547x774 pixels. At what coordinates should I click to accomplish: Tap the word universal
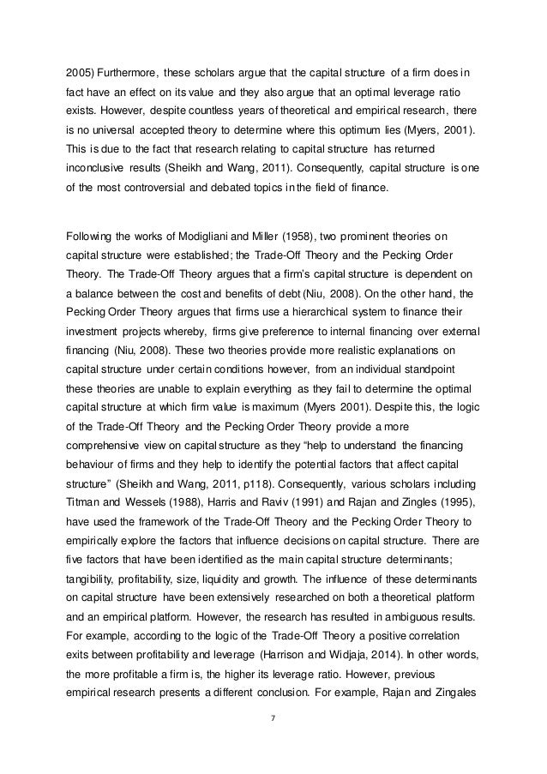click(129, 131)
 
